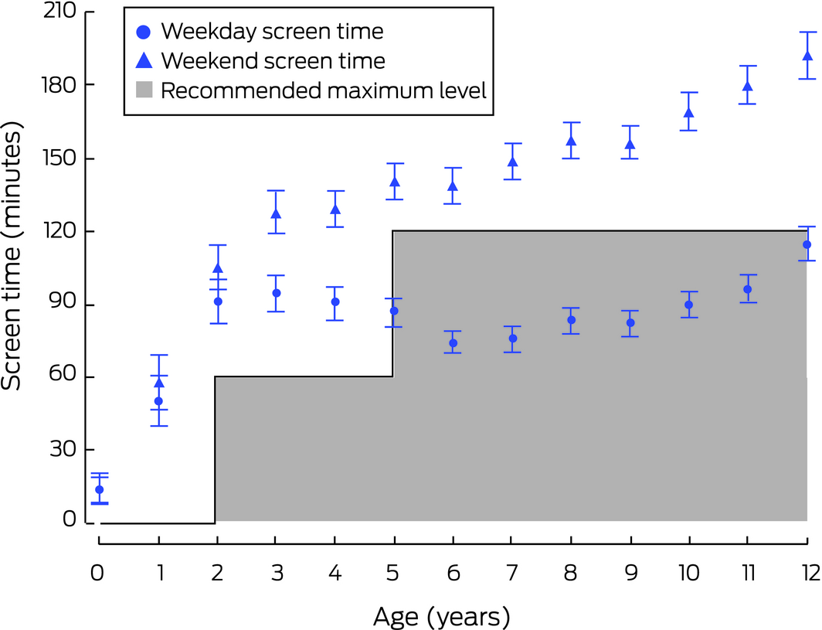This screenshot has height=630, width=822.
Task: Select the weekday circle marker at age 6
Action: coord(453,343)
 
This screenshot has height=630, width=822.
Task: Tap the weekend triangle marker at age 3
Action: coord(277,214)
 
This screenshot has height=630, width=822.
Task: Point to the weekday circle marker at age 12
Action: coord(807,244)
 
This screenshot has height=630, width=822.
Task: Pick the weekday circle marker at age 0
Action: coord(99,489)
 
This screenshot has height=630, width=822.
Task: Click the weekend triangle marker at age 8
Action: coord(572,141)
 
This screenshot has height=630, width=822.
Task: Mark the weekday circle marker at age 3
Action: coord(277,293)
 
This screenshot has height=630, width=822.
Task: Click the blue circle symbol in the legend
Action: coord(142,32)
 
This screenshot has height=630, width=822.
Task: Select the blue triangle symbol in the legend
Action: coord(142,60)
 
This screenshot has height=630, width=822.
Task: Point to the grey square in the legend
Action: coord(142,91)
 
